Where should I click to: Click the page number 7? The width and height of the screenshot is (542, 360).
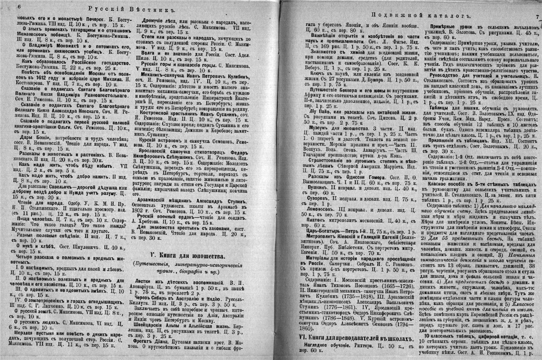pyautogui.click(x=537, y=17)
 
